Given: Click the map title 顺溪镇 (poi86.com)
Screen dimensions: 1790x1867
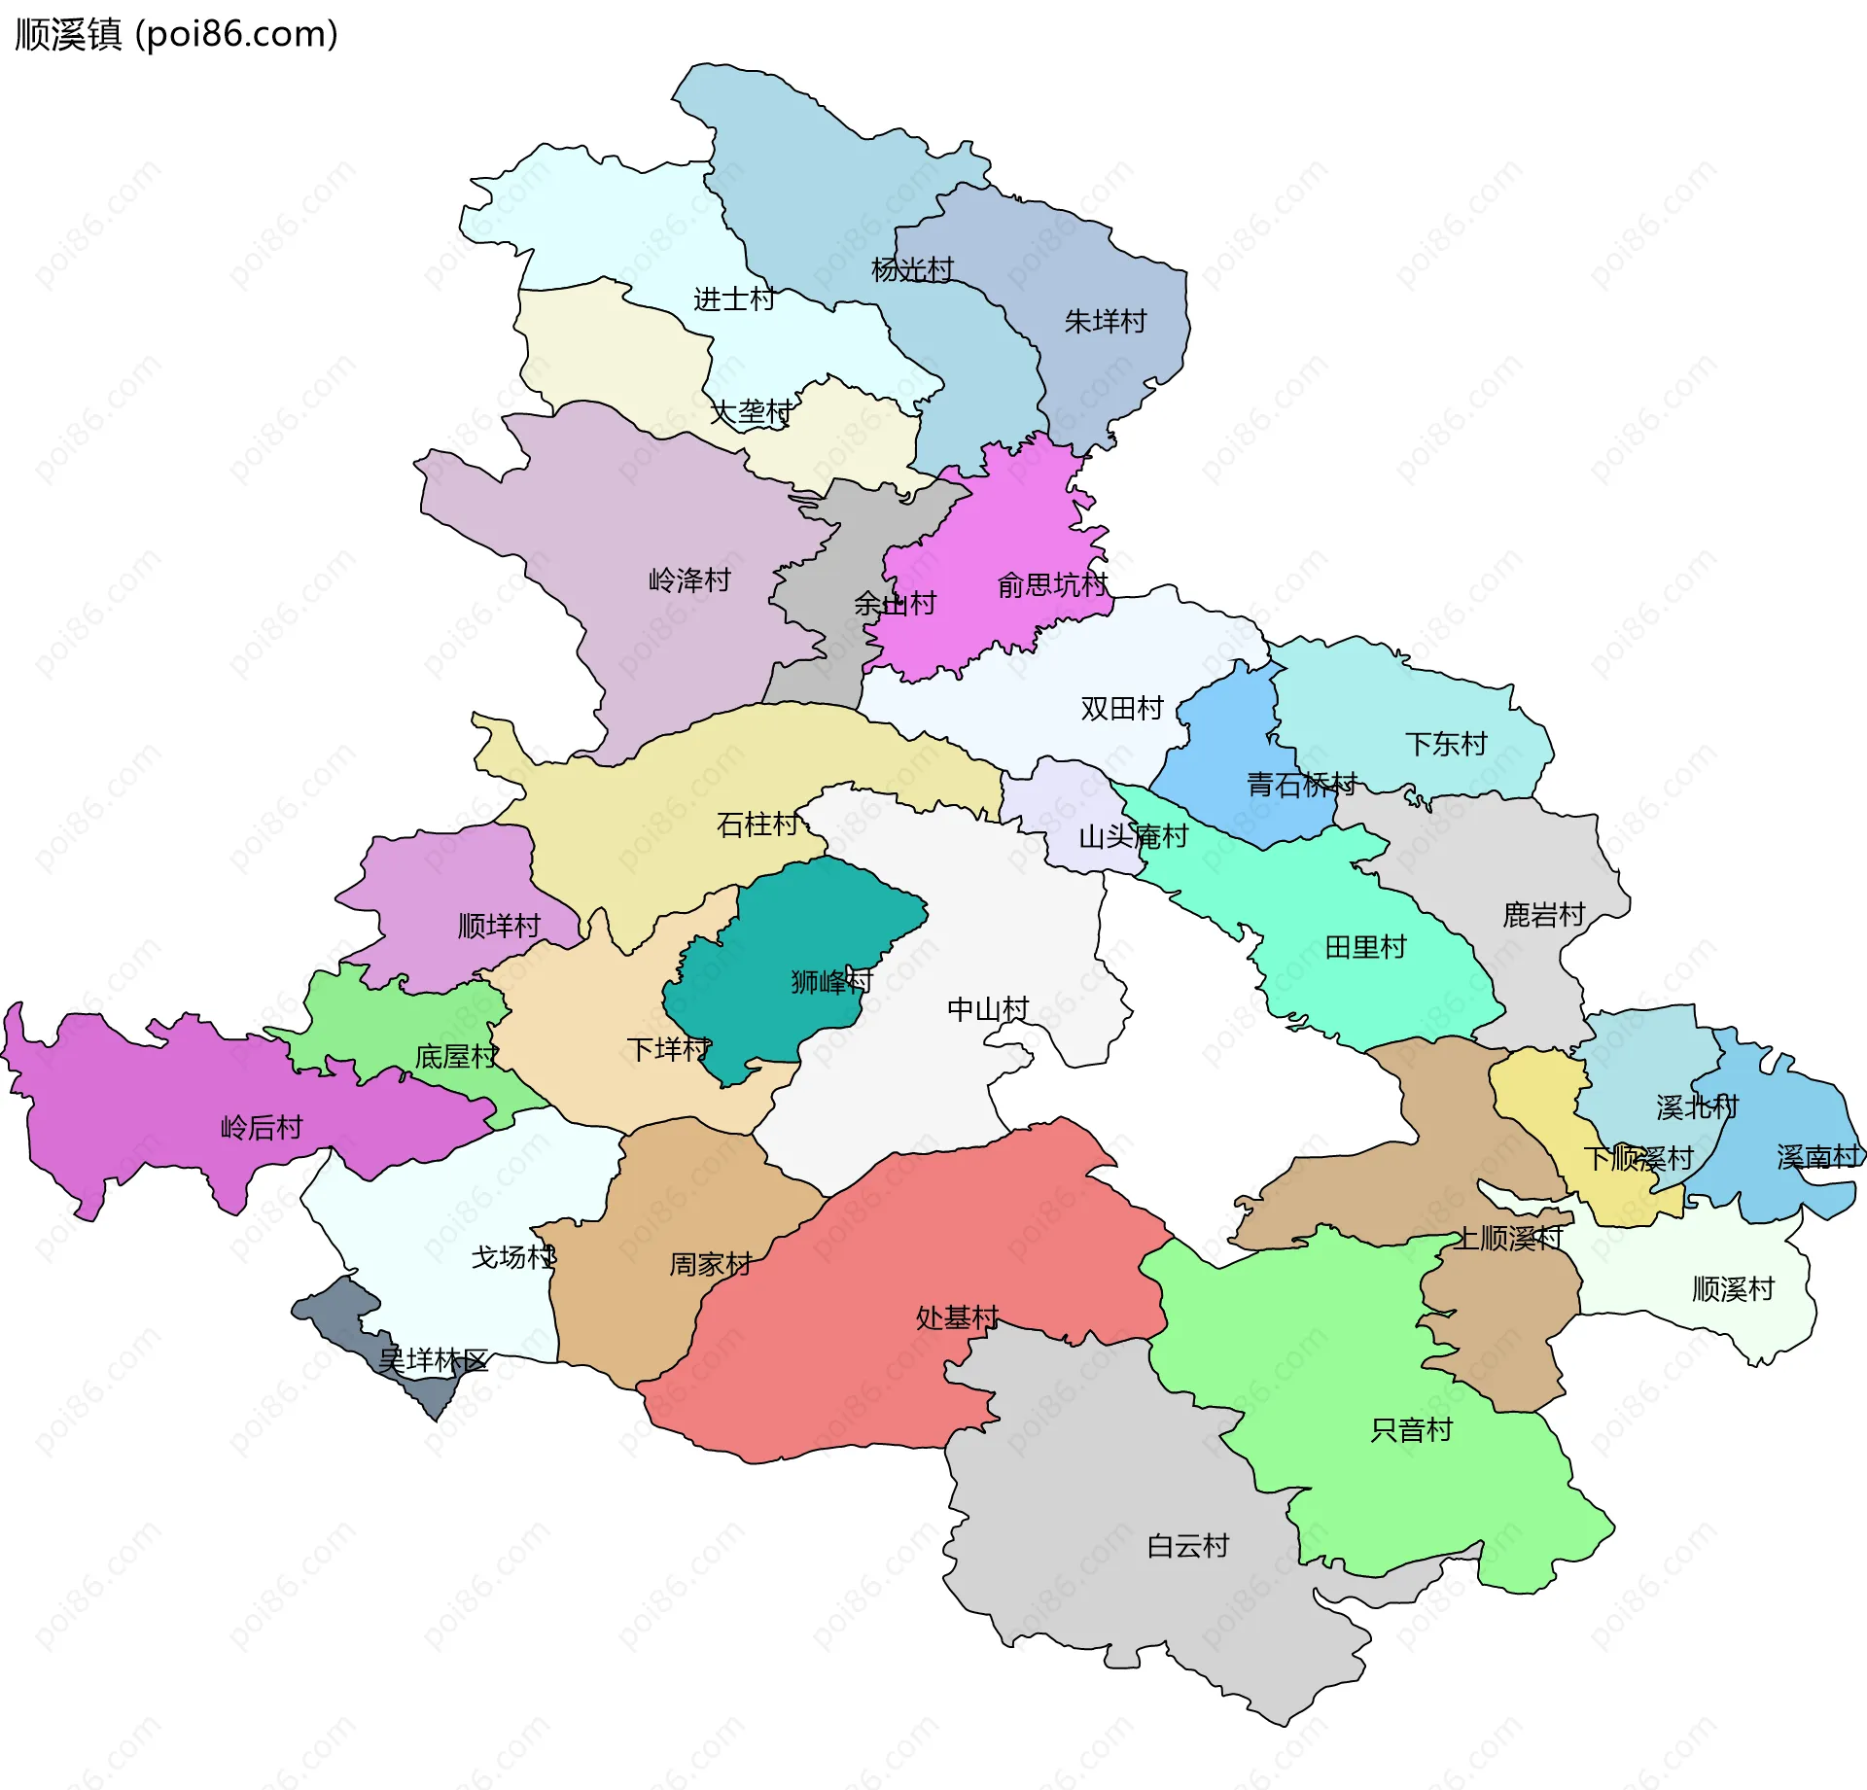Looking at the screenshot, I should (x=176, y=35).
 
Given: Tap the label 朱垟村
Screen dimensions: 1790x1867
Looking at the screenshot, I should (x=1105, y=321).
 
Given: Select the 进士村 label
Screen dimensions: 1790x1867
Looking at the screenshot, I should (x=733, y=298).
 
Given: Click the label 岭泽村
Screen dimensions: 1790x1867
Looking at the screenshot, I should (x=689, y=580).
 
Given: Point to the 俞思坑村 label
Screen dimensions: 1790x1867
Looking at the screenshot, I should (x=1052, y=584).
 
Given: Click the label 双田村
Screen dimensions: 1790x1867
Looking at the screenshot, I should (x=1121, y=708).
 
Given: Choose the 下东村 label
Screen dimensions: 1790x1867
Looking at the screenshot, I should (x=1445, y=744).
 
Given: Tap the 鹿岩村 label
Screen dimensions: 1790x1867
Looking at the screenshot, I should (x=1543, y=914).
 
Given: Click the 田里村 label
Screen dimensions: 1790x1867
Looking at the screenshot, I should (x=1365, y=946).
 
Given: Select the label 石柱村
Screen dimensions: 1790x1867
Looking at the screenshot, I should (x=757, y=825).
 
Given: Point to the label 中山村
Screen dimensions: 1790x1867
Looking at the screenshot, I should (x=987, y=1009).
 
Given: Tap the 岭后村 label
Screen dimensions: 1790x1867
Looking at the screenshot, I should (x=262, y=1127).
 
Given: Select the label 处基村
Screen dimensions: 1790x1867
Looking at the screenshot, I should (x=957, y=1317).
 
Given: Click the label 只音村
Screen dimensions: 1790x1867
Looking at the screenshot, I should (x=1410, y=1429).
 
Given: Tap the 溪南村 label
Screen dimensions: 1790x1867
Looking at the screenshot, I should (x=1816, y=1156).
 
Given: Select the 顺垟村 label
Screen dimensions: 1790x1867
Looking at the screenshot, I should (x=498, y=926).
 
